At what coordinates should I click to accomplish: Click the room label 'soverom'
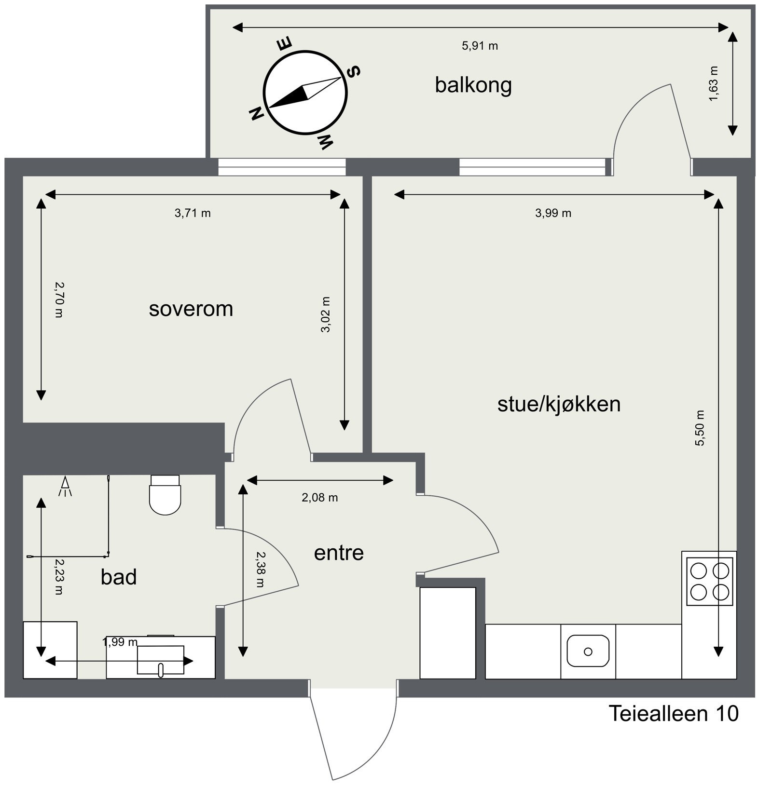click(x=191, y=309)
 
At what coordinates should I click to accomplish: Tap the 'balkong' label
click(x=473, y=85)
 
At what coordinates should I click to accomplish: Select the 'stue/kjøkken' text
click(x=559, y=404)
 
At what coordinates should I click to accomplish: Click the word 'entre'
click(x=339, y=553)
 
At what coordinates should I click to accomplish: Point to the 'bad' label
click(x=119, y=577)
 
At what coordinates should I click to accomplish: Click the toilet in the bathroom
click(x=165, y=496)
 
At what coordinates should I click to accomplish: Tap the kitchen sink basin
click(x=588, y=651)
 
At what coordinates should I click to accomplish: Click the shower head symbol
click(x=65, y=486)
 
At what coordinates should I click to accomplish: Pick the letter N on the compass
click(x=256, y=114)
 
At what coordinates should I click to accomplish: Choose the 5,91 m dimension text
click(x=480, y=46)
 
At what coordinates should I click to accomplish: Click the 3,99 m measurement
click(x=553, y=213)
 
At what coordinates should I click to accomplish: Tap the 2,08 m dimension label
click(x=319, y=498)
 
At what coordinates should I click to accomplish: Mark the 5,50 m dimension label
click(x=700, y=428)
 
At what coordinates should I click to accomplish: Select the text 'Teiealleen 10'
click(x=674, y=714)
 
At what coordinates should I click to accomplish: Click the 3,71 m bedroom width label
click(x=193, y=213)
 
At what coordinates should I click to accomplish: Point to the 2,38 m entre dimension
click(x=261, y=569)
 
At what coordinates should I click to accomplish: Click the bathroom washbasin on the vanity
click(x=161, y=659)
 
